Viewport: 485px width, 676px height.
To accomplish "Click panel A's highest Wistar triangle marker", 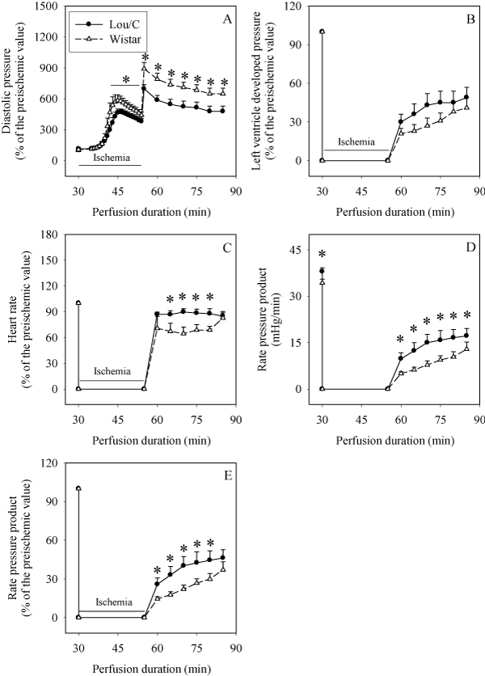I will click(144, 69).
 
